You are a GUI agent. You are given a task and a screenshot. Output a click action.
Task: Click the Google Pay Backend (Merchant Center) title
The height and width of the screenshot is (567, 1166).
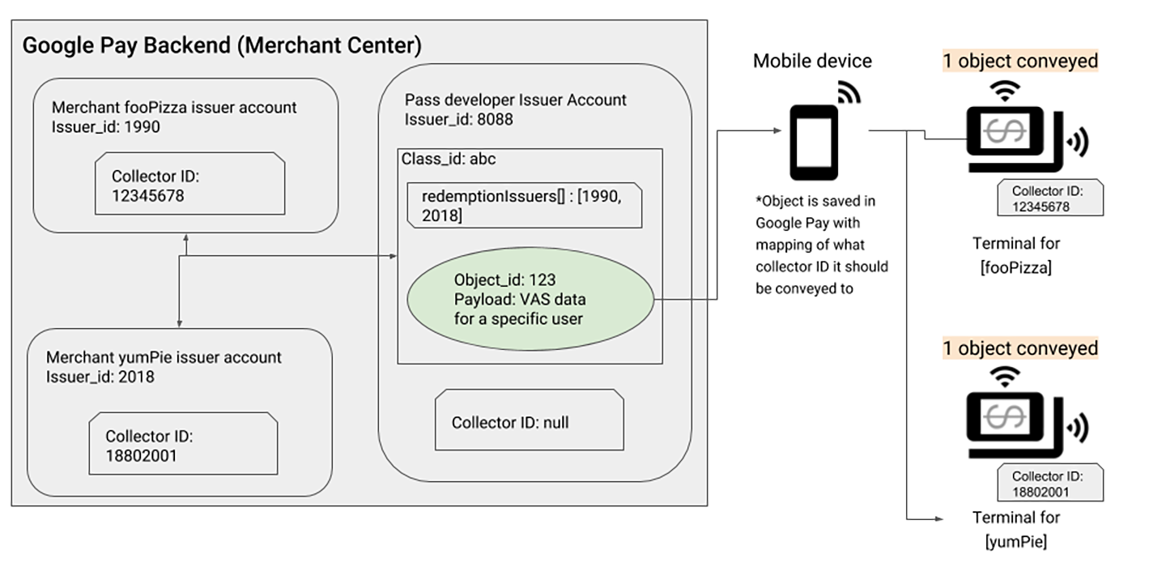pos(221,45)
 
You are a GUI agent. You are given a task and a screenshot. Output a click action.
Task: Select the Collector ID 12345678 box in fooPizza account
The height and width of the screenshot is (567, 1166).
pos(189,185)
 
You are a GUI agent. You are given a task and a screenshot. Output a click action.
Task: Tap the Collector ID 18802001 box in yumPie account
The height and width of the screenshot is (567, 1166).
pos(183,445)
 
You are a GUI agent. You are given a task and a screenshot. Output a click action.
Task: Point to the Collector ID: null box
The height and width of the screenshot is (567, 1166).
pos(530,421)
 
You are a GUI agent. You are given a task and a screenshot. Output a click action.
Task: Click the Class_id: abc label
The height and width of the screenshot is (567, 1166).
pos(449,159)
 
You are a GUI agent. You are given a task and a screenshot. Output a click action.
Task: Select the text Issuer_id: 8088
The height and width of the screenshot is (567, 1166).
pos(458,119)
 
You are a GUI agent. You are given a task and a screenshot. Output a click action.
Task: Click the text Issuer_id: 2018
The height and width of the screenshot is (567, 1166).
pos(100,377)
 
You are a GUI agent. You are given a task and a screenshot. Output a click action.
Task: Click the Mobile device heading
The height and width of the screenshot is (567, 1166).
pos(812,61)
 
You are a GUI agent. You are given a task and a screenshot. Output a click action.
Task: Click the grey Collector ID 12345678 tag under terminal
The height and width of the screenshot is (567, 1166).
pos(1050,198)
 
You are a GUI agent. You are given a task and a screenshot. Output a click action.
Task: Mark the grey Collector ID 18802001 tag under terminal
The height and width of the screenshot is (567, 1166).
pos(1050,484)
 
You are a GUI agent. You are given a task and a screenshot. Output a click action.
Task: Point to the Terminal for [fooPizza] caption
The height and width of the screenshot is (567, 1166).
pos(1015,255)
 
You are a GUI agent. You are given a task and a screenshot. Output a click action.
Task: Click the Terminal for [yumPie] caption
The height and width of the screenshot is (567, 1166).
pos(1015,529)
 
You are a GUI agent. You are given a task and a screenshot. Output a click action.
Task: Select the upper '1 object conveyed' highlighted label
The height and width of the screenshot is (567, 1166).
pos(1019,62)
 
